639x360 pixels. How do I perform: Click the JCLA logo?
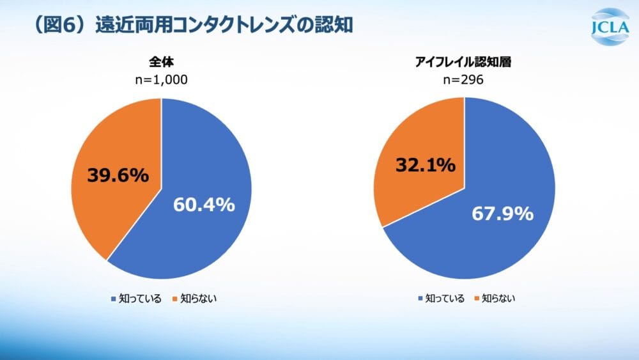(x=611, y=27)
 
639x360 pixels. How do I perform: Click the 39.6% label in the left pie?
(x=118, y=175)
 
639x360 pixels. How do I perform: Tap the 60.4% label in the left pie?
(x=204, y=205)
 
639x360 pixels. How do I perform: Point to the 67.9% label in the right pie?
(x=502, y=214)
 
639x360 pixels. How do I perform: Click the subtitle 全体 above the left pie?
(x=162, y=63)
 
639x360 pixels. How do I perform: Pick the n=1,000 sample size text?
(x=162, y=80)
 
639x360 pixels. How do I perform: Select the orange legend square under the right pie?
(x=476, y=299)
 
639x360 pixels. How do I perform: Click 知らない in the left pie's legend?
(x=199, y=299)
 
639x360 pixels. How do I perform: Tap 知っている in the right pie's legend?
(x=445, y=299)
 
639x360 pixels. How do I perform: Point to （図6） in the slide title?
(x=60, y=26)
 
